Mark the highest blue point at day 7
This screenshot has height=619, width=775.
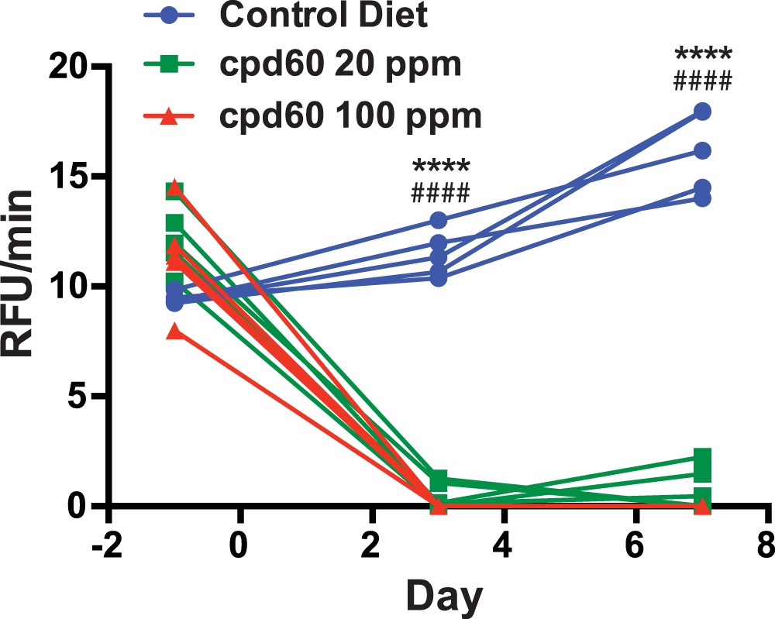coord(702,112)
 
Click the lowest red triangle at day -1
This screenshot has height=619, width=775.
coord(176,332)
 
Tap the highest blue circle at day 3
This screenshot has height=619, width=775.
coord(439,221)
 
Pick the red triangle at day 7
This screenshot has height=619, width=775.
coord(702,506)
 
